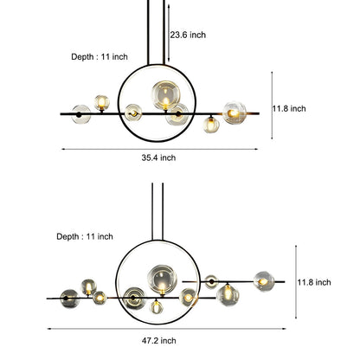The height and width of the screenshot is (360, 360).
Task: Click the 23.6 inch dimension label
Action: [x=188, y=35]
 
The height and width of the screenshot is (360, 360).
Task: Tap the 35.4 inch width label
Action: [x=158, y=157]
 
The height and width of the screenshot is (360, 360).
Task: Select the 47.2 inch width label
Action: [x=158, y=341]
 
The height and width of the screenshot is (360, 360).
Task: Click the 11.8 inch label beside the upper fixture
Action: [x=289, y=108]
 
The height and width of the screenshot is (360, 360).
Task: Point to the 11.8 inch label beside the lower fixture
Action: [x=314, y=282]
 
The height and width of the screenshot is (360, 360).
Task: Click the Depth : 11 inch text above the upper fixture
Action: [x=100, y=57]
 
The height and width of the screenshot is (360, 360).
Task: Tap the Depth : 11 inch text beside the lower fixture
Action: [x=85, y=236]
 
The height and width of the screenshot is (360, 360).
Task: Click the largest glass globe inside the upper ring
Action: [x=166, y=95]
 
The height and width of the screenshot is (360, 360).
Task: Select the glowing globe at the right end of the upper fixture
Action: [x=235, y=112]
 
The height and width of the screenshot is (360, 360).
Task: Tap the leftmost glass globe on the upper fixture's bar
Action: [x=81, y=114]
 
